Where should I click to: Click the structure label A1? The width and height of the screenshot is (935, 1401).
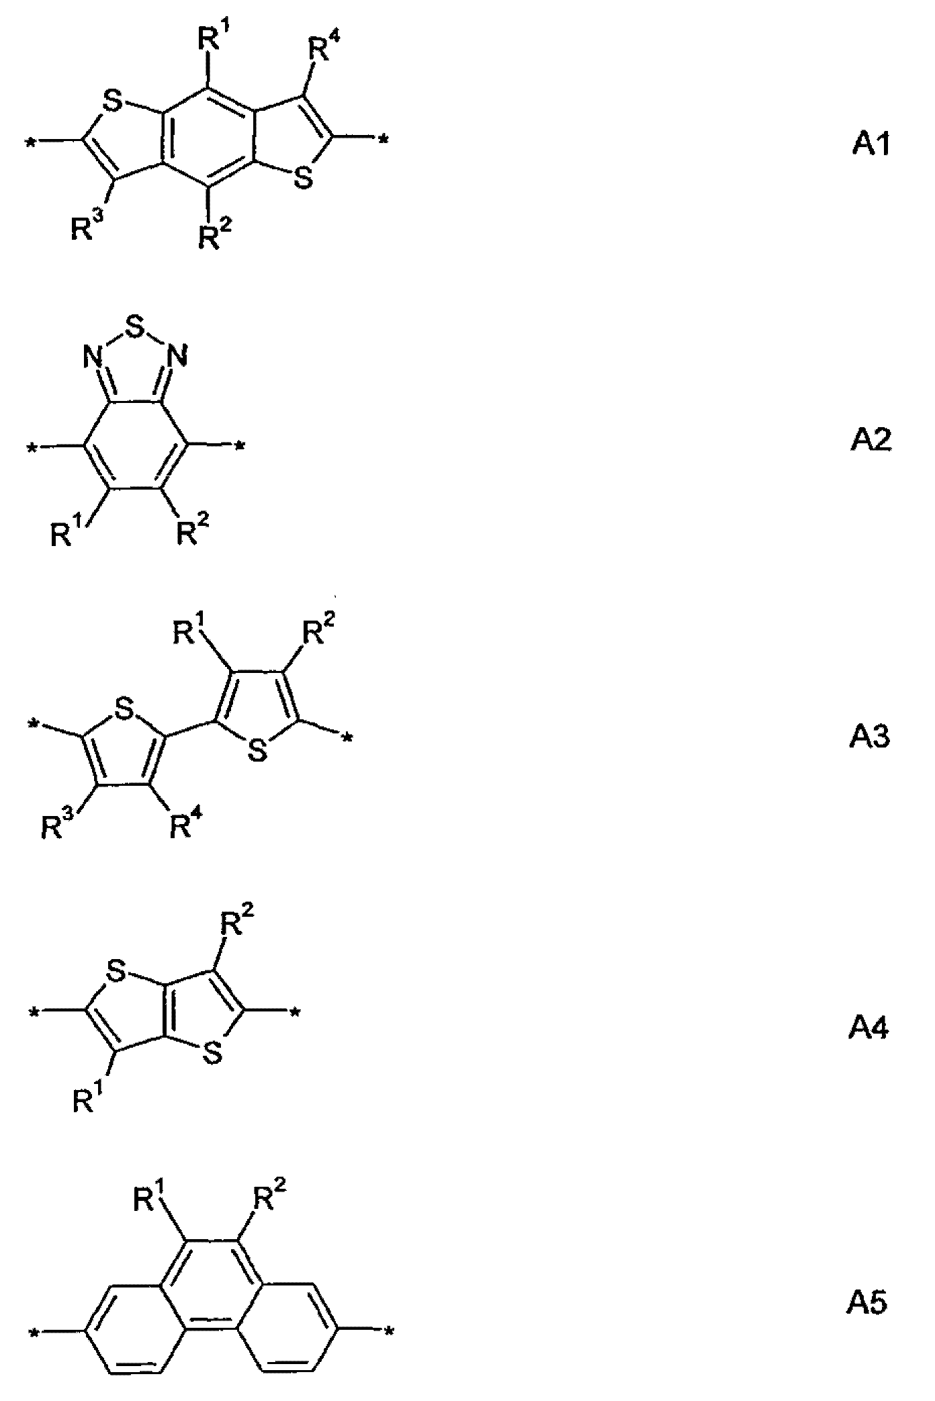point(871,143)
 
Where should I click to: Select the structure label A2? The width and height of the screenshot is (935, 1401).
point(871,440)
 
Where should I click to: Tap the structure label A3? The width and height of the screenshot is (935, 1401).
point(870,737)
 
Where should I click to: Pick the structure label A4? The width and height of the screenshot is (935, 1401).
point(869,1028)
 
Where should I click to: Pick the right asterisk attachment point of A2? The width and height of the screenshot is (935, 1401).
point(238,445)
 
